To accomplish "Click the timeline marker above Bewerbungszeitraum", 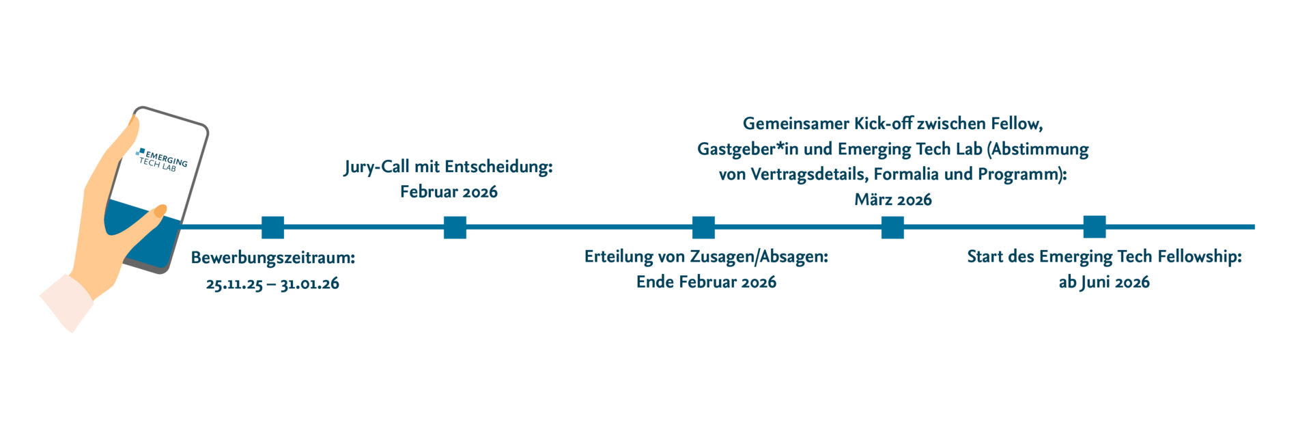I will [273, 227].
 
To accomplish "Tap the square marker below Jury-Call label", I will [455, 227].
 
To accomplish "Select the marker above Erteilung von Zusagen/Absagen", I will [703, 227].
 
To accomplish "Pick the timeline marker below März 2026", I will [892, 227].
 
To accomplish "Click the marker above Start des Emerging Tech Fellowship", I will [1095, 227].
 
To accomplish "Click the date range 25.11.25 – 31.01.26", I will [272, 284].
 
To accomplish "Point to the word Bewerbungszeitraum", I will [272, 258].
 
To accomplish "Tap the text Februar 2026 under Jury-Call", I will [449, 192].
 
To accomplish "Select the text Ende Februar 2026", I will [706, 281].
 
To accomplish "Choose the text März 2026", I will [892, 199].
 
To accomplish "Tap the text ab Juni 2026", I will [1104, 281].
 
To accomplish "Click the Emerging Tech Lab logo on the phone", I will [161, 159].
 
